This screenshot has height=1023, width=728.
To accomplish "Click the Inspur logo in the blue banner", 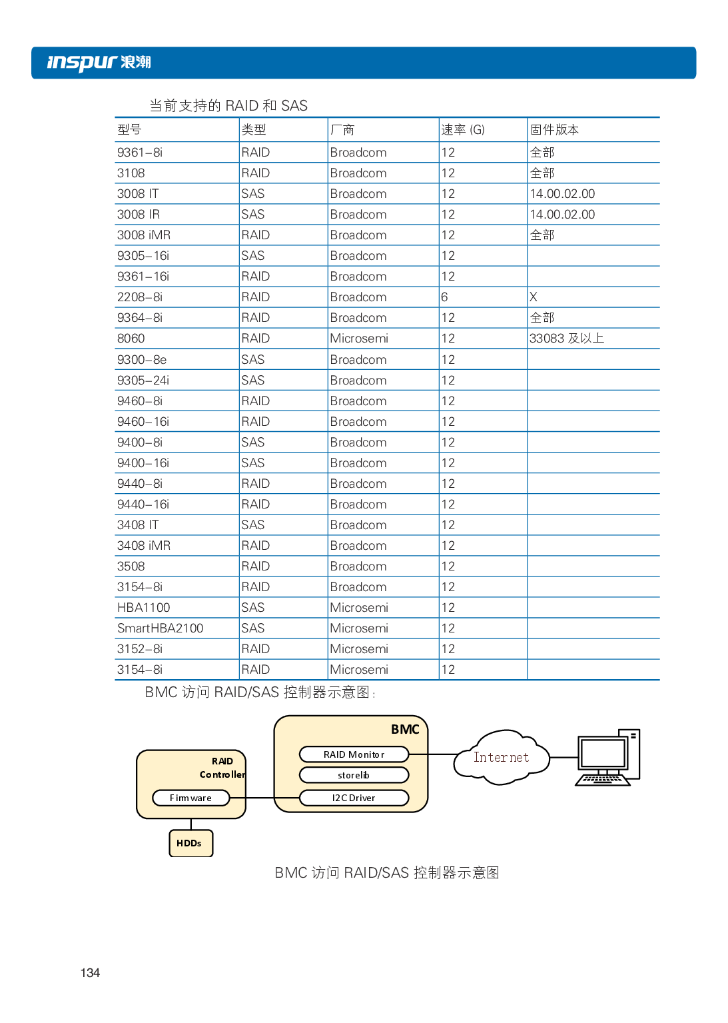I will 99,63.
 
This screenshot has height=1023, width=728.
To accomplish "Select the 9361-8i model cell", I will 140,153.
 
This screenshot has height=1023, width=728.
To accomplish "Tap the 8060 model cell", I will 131,339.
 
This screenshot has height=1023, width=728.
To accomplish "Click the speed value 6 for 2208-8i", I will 444,297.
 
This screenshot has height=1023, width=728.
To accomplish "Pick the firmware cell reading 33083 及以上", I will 567,339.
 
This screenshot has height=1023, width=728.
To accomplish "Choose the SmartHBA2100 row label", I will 161,628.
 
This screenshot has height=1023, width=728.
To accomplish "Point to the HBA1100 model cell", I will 144,608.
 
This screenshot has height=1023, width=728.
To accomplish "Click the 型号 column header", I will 129,130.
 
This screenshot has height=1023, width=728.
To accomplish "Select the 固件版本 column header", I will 554,130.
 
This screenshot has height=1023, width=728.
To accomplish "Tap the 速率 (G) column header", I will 463,130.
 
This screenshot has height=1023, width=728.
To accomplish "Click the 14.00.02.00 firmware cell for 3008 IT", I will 562,194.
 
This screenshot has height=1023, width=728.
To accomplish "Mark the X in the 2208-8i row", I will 534,297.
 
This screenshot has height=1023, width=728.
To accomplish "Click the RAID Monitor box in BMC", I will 354,754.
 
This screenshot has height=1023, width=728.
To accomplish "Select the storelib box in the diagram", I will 354,775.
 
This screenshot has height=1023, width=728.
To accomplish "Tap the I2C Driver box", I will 354,798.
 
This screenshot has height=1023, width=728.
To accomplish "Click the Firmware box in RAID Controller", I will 190,798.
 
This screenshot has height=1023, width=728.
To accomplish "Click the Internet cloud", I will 502,758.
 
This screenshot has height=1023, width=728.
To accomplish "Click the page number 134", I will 90,973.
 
